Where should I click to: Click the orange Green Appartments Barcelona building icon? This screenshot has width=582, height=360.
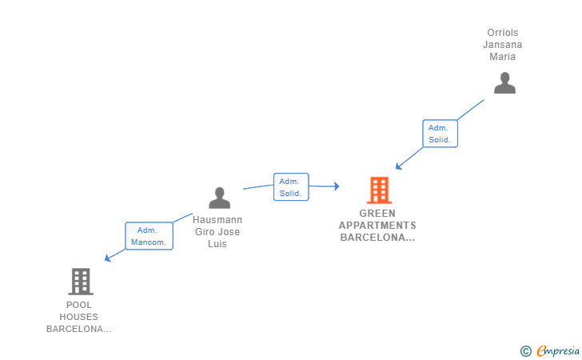pos(378,190)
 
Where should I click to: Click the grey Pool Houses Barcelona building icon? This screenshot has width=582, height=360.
pos(80,281)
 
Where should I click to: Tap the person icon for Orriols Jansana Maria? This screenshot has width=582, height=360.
pos(504,83)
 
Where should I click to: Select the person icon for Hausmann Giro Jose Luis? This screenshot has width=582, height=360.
pos(219,198)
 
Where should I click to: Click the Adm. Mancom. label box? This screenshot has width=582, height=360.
pos(149,236)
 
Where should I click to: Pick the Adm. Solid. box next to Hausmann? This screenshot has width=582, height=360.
pos(290,187)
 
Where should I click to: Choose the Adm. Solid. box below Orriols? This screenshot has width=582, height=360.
pos(440,134)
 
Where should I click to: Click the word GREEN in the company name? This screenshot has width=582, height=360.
pos(377,214)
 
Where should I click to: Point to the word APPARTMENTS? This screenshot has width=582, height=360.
pos(377,226)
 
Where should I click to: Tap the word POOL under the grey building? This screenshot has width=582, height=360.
pos(79,305)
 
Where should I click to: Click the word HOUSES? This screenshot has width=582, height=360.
pos(79,317)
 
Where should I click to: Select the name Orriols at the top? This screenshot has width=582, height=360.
pos(503,33)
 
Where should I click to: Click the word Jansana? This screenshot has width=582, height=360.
pos(503,45)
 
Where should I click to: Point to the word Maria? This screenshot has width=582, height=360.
pos(503,57)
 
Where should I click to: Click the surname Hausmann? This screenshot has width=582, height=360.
pos(217,220)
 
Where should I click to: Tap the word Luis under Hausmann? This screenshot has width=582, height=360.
pos(217,244)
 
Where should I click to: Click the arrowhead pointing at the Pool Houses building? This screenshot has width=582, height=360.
pos(108,258)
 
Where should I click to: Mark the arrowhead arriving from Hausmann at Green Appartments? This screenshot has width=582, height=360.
pos(336,186)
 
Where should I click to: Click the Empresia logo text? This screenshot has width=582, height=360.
pos(558,350)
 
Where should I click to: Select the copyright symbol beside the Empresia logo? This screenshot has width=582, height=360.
pos(525,350)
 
